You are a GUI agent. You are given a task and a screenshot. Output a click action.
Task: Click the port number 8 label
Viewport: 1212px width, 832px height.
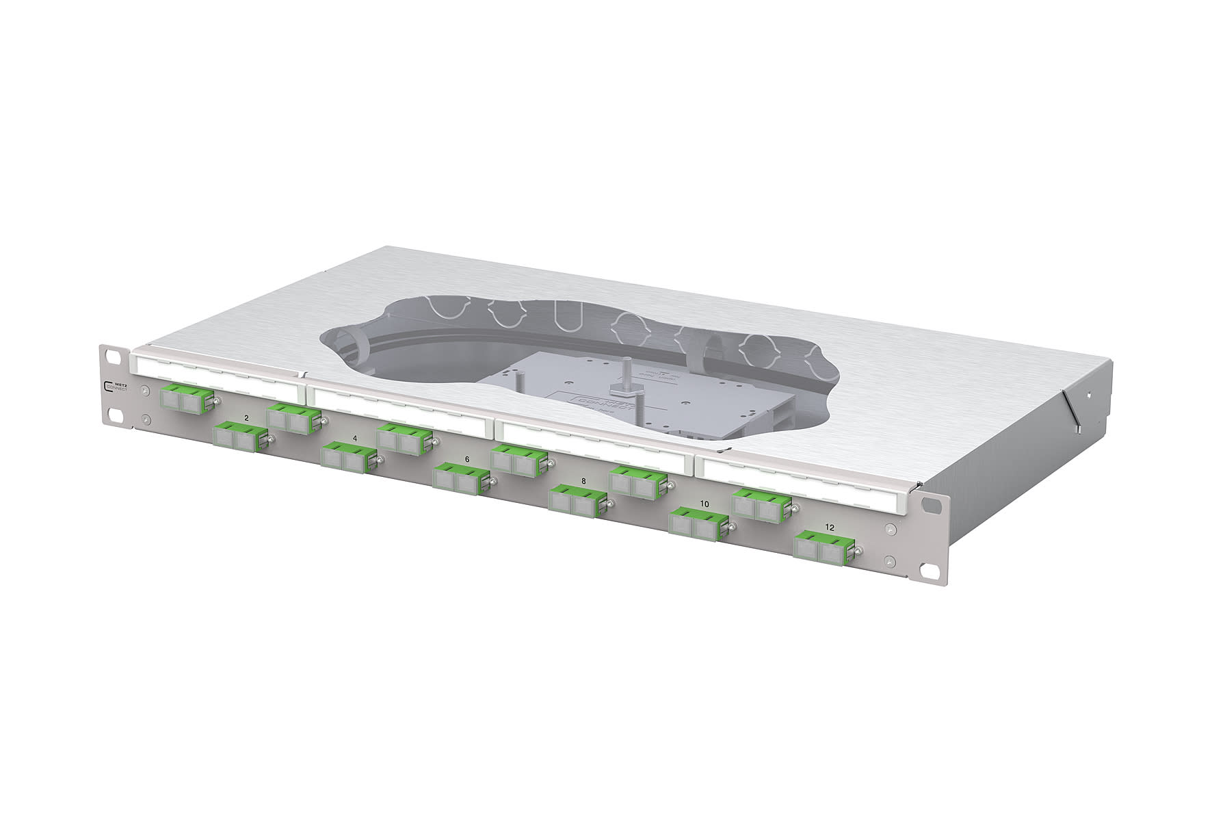click(583, 481)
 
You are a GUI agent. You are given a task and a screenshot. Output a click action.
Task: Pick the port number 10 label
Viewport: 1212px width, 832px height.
click(704, 504)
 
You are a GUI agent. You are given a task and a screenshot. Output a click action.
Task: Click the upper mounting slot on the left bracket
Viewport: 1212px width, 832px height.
click(109, 353)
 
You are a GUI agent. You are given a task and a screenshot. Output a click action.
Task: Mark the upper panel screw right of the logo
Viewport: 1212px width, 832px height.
click(145, 391)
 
